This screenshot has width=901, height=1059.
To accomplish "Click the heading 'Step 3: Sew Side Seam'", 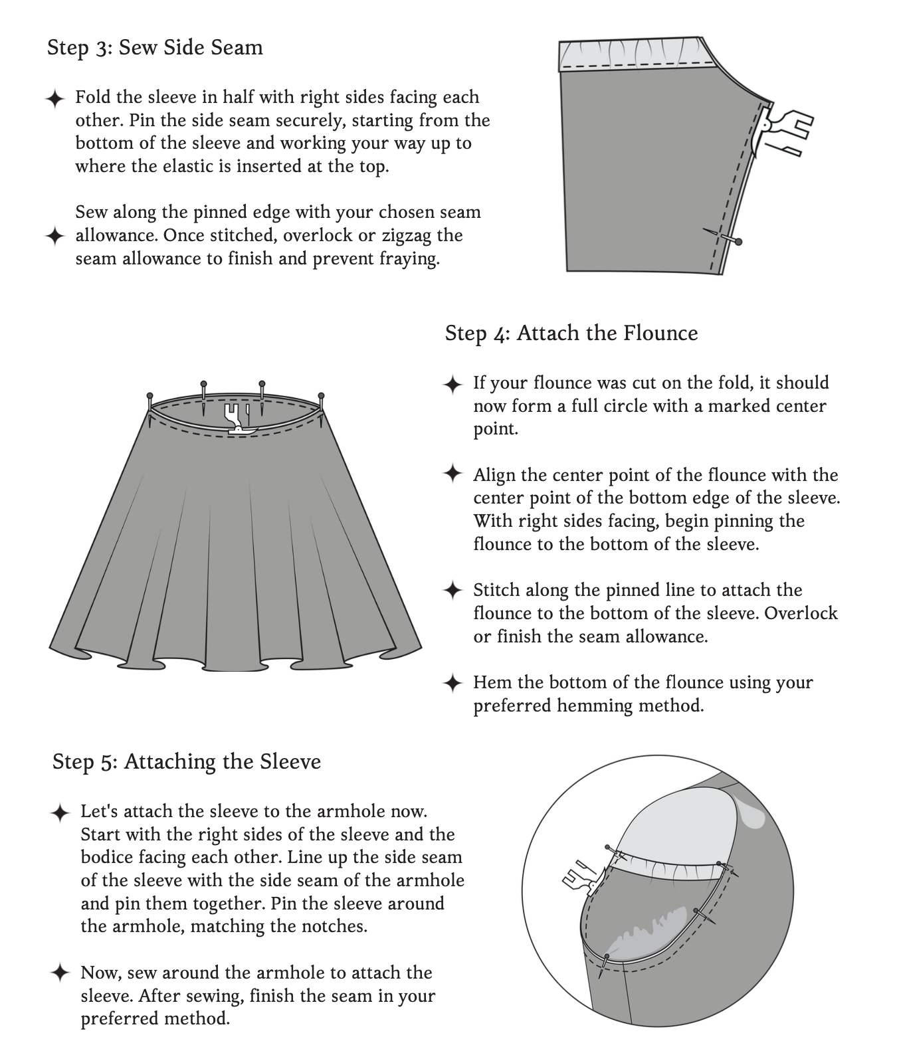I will point(155,48).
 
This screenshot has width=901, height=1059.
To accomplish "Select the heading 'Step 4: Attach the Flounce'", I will point(571,333).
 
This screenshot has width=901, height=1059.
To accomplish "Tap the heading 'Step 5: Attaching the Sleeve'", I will point(187,761).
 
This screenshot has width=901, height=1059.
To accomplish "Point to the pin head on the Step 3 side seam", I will point(738,242).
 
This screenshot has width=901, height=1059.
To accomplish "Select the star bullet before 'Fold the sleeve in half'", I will point(55,99).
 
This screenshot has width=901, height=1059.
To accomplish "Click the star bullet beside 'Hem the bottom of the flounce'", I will point(452,683).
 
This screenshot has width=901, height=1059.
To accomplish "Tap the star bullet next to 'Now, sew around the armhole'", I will point(60,973).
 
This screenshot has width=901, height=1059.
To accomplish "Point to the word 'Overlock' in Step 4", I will point(801,613).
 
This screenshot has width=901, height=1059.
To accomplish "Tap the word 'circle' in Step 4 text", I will point(621,406).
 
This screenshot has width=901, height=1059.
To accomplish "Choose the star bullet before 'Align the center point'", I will point(452,475).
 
